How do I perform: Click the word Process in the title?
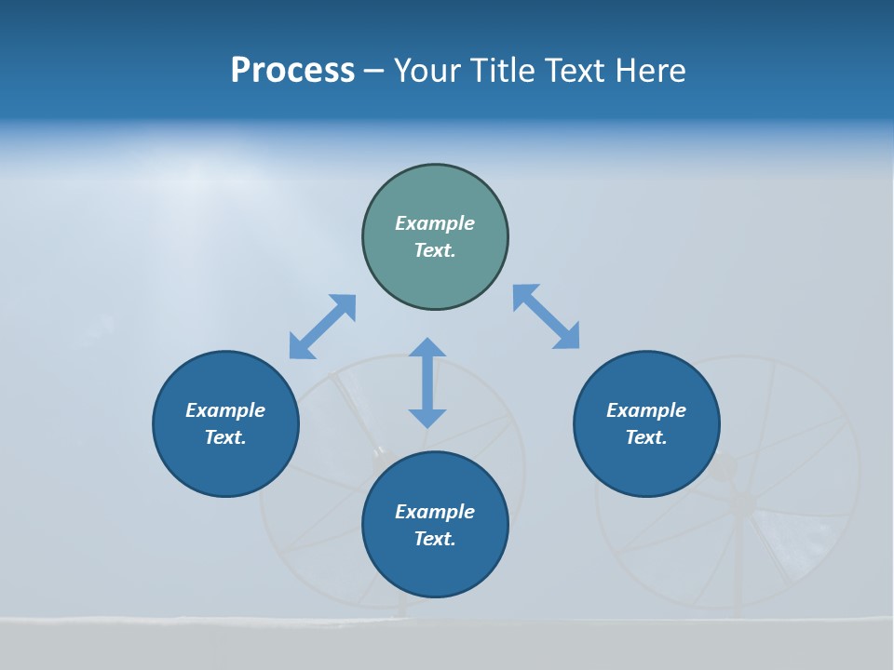[292, 71]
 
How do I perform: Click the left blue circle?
[225, 423]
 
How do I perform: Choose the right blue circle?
[646, 423]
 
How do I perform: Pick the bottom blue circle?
[435, 525]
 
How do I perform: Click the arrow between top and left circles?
[322, 327]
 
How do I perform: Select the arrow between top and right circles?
[546, 316]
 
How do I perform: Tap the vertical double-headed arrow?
[427, 382]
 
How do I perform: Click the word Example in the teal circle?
[435, 223]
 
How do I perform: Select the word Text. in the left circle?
[225, 437]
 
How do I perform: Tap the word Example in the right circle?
[646, 410]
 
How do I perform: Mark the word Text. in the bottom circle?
[435, 539]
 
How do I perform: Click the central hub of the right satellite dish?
[742, 502]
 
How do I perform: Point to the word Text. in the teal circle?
[435, 250]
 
